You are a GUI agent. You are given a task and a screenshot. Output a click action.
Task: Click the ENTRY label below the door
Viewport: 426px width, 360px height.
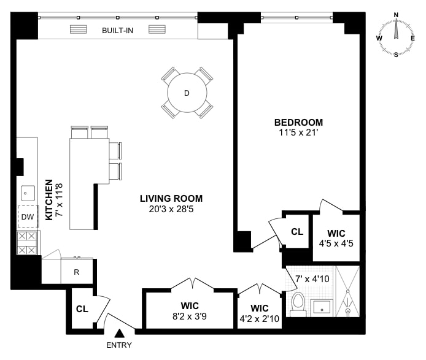click(x=118, y=345)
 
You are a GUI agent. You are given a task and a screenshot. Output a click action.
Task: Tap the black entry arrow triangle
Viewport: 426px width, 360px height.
click(x=119, y=333)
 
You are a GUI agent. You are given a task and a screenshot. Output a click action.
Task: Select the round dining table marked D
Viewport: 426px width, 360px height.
click(x=187, y=93)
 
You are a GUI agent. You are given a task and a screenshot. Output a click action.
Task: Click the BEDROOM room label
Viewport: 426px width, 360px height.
click(x=298, y=123)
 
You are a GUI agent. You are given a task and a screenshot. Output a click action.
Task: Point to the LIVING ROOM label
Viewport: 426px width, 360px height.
click(x=171, y=199)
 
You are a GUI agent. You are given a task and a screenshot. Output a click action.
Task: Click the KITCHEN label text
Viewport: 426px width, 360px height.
click(x=49, y=199)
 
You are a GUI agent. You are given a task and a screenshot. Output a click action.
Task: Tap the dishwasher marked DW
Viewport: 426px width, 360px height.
click(x=28, y=216)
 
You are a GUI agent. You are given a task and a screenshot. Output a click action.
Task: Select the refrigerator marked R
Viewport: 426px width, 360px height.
click(x=77, y=272)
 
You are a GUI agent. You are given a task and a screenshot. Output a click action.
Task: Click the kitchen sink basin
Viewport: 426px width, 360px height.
click(x=28, y=193)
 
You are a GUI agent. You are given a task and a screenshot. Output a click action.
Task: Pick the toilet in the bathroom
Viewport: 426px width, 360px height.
click(x=298, y=305)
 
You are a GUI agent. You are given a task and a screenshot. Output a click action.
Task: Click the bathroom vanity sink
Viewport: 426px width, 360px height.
click(x=322, y=308)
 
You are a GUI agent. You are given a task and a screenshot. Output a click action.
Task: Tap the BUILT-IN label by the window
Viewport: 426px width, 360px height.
click(x=117, y=31)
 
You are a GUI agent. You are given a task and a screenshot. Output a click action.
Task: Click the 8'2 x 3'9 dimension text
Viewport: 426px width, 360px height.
click(x=190, y=316)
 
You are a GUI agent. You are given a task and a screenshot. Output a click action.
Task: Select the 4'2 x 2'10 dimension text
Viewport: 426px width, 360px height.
click(x=260, y=318)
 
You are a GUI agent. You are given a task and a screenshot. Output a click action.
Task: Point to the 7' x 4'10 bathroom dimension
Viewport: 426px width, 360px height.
click(x=312, y=279)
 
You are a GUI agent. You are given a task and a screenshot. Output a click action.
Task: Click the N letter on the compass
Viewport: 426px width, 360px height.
click(x=396, y=15)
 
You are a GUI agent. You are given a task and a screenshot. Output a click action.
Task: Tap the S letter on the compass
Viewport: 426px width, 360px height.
click(x=396, y=55)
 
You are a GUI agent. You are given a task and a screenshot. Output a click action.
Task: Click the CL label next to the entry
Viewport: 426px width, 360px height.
click(x=82, y=309)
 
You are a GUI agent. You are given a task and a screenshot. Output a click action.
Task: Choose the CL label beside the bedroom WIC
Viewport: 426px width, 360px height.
click(x=297, y=232)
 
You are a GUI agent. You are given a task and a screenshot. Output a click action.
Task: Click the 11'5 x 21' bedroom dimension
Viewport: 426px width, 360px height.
click(x=298, y=132)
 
